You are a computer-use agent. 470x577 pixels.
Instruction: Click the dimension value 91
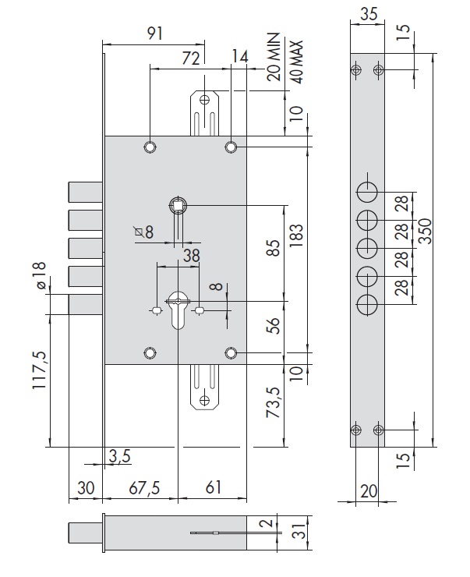tap(154, 33)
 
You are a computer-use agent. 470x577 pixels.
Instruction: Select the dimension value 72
tap(190, 57)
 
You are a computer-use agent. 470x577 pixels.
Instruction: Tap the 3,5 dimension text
tap(119, 456)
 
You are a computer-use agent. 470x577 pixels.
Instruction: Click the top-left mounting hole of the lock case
tap(149, 147)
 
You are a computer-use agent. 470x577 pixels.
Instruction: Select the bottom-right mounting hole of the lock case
tap(231, 354)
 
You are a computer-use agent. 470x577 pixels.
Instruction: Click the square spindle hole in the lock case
tap(178, 205)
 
